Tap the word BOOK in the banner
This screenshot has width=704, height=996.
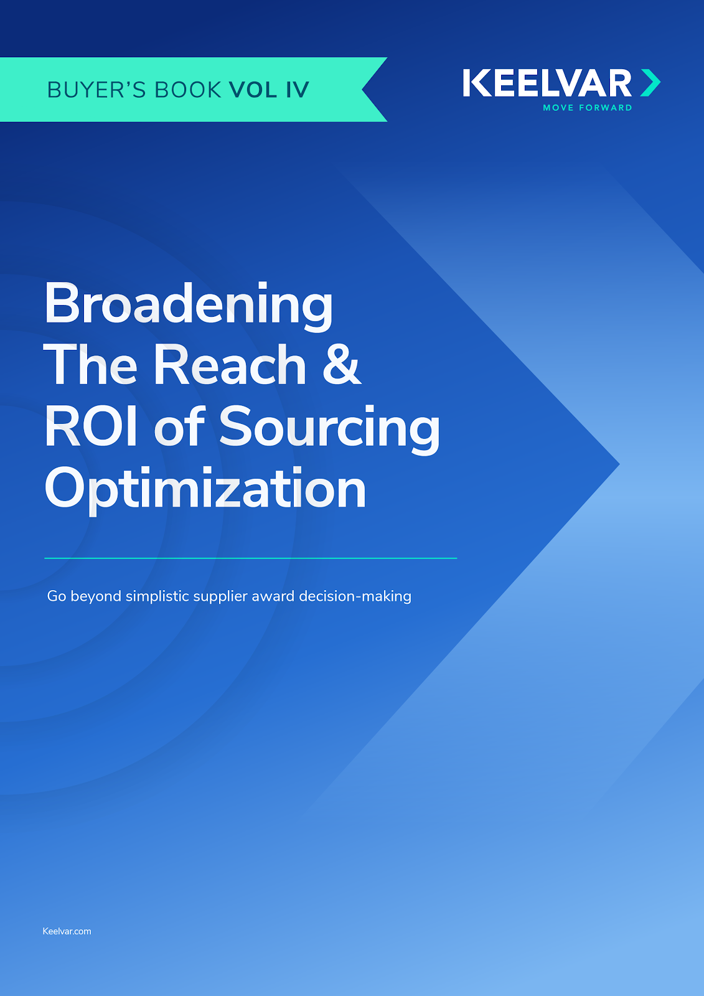point(188,90)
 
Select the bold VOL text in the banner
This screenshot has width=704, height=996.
point(253,90)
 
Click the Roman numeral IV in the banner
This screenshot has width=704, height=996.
point(297,90)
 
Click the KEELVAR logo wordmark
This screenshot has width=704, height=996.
point(547,84)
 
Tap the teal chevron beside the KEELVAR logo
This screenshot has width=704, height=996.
point(650,83)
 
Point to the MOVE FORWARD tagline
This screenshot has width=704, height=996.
point(587,108)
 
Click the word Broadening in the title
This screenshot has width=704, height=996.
point(189,305)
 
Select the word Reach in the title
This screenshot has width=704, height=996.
point(230,366)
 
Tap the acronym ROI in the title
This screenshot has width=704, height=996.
point(91,427)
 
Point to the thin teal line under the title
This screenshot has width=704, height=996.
point(250,558)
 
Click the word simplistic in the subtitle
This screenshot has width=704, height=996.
point(157,596)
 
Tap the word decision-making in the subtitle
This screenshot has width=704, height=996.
point(355,596)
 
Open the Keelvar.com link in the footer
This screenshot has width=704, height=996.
point(67,931)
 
